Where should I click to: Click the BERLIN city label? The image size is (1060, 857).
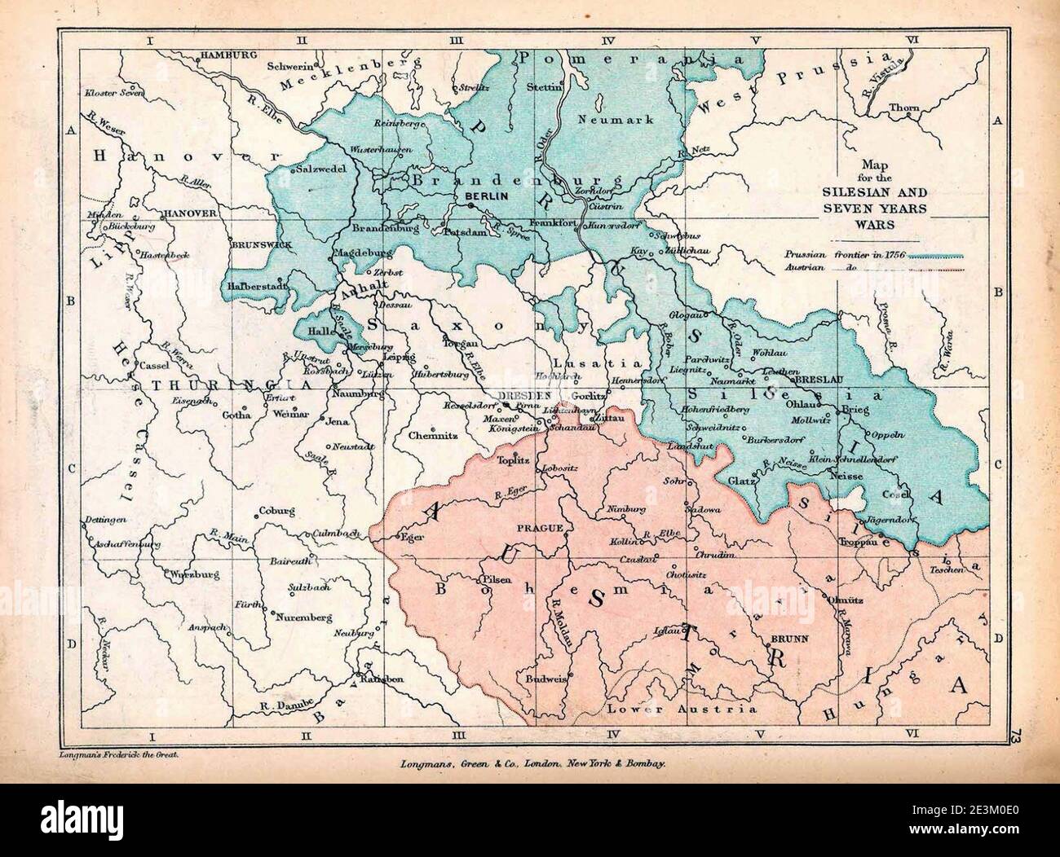[x=486, y=196]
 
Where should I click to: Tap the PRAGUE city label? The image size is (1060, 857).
[x=541, y=529]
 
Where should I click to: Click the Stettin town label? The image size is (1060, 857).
[x=544, y=86]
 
